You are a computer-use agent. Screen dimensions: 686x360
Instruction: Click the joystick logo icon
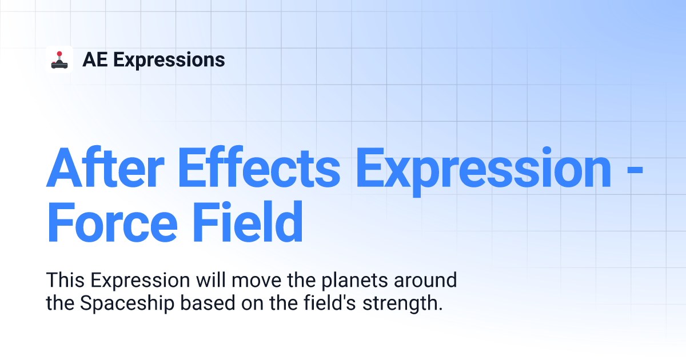click(x=59, y=59)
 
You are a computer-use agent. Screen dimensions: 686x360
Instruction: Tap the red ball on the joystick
click(x=59, y=54)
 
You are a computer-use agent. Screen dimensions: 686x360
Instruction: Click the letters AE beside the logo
click(x=95, y=59)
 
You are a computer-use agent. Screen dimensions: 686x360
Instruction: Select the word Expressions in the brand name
click(x=169, y=61)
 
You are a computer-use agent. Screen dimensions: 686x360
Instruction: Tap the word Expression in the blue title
click(x=484, y=172)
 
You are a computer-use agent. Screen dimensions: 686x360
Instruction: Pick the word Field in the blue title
click(x=248, y=221)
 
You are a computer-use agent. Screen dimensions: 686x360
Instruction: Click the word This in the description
click(x=65, y=280)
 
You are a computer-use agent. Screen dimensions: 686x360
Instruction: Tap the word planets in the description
click(x=354, y=282)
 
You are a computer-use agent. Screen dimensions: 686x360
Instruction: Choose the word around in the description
click(x=425, y=280)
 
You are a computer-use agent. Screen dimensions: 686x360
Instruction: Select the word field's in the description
click(x=330, y=303)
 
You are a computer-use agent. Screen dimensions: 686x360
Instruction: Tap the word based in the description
click(x=208, y=303)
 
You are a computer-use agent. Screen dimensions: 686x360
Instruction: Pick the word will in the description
click(x=211, y=280)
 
